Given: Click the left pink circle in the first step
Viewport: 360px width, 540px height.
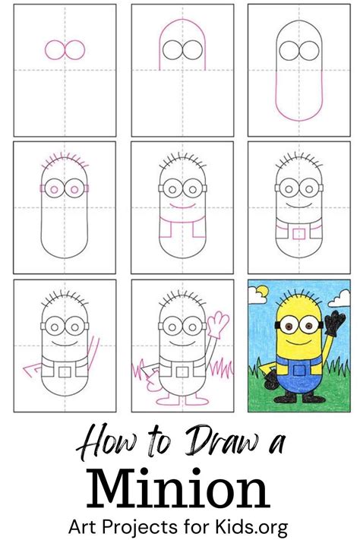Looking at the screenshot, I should [x=55, y=50].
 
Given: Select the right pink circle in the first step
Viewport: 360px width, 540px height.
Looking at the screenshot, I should [x=73, y=50].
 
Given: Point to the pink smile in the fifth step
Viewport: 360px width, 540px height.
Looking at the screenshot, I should [x=180, y=205].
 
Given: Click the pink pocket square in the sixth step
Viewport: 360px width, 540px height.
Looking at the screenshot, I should [x=297, y=230].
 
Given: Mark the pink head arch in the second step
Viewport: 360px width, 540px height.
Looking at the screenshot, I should [x=180, y=30].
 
